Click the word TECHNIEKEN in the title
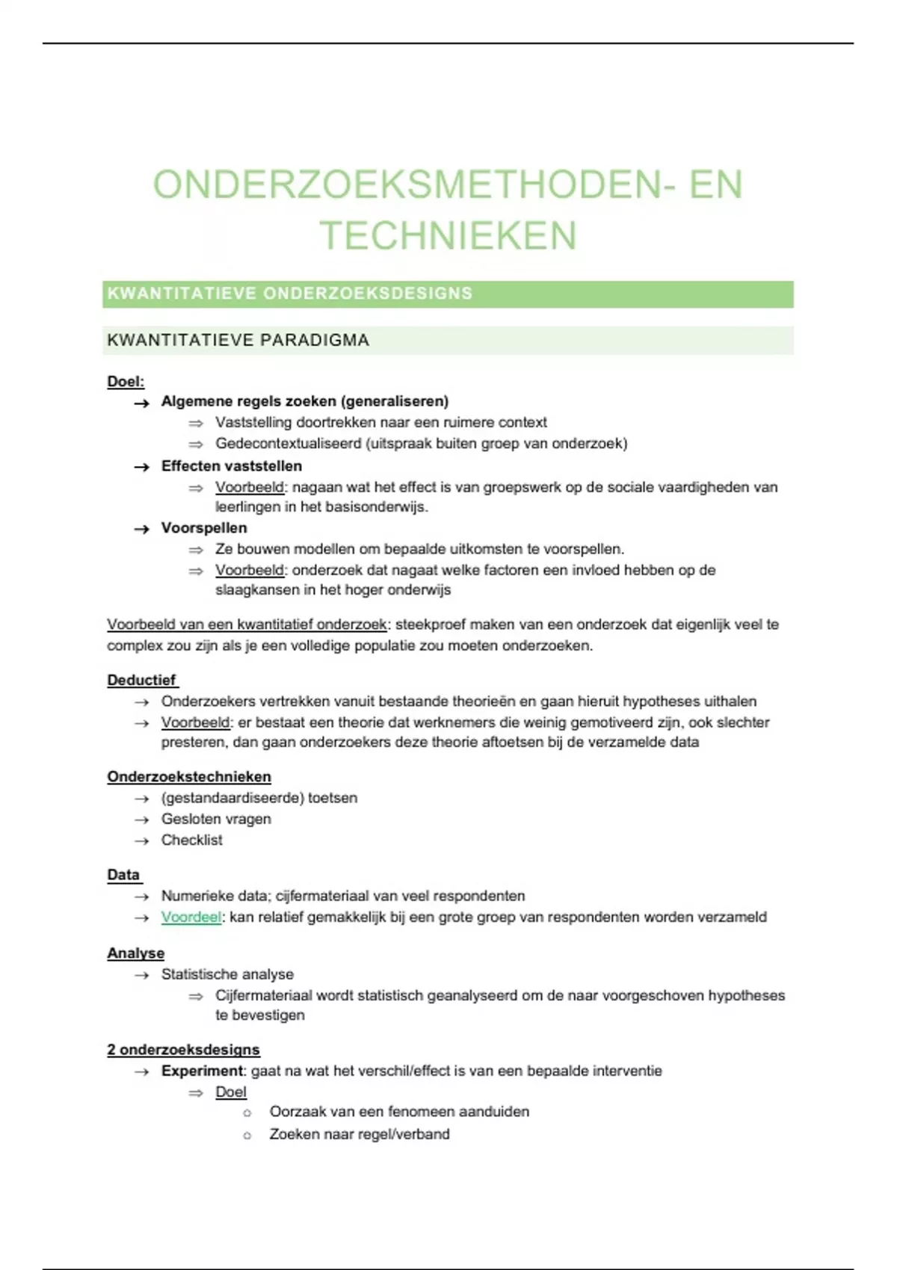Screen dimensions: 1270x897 [x=449, y=236]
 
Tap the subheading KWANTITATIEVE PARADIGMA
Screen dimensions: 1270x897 [x=238, y=341]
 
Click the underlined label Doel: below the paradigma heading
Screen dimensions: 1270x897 [x=126, y=382]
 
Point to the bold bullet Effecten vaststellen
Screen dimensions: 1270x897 [x=232, y=466]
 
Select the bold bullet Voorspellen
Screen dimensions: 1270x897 [x=204, y=528]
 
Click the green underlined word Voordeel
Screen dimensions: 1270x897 [x=191, y=917]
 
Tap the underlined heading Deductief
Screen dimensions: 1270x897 [x=142, y=681]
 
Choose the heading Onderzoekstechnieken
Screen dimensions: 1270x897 [x=189, y=777]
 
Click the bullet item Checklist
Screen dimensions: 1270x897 [x=192, y=840]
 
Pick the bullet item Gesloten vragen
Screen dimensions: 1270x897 [x=216, y=820]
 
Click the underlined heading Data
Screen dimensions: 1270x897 [x=123, y=875]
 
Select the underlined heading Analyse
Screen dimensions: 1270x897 [x=135, y=953]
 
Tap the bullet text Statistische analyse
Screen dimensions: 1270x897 [x=227, y=974]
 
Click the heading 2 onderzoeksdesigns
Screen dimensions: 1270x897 [x=183, y=1050]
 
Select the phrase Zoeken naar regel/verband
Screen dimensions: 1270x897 [x=360, y=1134]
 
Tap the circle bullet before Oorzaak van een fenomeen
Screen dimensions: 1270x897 [x=247, y=1113]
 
